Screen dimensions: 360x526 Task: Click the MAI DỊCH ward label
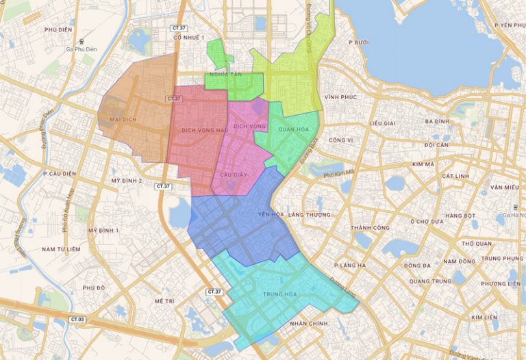(117, 119)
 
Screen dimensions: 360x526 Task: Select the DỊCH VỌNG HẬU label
(204, 129)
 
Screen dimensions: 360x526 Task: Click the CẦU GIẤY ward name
(234, 175)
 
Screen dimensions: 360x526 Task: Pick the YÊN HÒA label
(271, 215)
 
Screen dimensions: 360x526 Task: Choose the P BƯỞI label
(358, 42)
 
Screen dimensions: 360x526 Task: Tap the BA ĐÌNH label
(436, 121)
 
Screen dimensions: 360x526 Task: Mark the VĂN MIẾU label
(504, 187)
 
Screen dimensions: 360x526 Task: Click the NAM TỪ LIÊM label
(60, 249)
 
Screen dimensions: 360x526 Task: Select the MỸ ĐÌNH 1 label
(103, 231)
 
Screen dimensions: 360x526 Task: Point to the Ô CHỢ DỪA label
(428, 222)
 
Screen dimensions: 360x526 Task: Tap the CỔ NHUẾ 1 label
(190, 37)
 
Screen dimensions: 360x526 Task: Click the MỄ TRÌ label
(165, 301)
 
